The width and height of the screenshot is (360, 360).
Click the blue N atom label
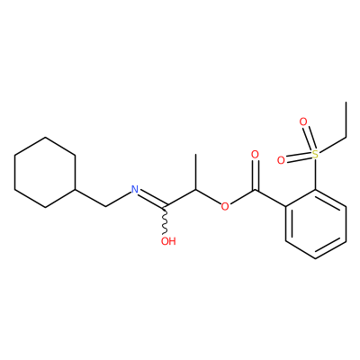(x=135, y=190)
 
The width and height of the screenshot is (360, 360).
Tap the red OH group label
(x=168, y=241)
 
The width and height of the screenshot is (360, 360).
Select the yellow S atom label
(x=315, y=155)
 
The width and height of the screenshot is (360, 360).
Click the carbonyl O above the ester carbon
(x=255, y=155)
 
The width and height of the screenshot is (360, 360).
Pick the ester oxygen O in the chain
(x=225, y=207)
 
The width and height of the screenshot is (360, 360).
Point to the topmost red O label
(x=303, y=122)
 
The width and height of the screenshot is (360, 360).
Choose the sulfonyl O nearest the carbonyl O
(x=281, y=160)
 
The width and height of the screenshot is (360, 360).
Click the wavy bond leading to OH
(x=166, y=220)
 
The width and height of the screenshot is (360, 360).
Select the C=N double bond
(x=152, y=199)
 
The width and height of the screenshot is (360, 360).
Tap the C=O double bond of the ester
(x=255, y=175)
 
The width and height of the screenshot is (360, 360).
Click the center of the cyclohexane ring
(x=45, y=172)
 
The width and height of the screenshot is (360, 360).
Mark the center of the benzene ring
(x=316, y=224)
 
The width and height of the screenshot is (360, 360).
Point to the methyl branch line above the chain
(x=195, y=172)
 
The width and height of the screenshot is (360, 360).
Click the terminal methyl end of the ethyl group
(x=346, y=103)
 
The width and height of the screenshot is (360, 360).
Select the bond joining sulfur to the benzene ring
(x=315, y=175)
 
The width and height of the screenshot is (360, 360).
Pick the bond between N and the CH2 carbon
(x=119, y=200)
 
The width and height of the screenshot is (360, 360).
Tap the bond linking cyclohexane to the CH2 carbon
(x=91, y=198)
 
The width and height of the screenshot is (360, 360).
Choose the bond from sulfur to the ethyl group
(x=332, y=146)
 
